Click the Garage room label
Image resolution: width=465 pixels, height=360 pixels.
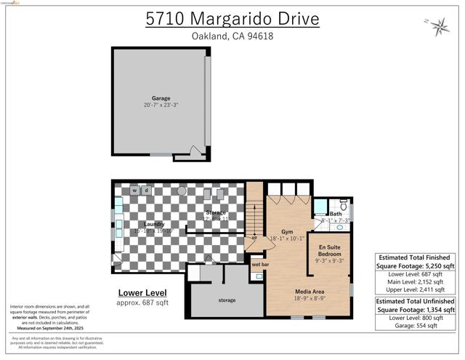pos(161,97)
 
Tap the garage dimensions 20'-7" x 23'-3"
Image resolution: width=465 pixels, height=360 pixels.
pos(161,105)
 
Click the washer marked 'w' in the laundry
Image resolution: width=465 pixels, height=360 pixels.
pos(135,191)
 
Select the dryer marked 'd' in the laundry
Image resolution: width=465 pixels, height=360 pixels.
pos(146,191)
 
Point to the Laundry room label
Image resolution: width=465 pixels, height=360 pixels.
pos(153,224)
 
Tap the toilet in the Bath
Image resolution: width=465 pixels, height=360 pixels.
pos(343,206)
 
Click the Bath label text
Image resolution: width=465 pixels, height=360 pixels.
pos(336,214)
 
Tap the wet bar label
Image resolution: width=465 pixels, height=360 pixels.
pos(260,264)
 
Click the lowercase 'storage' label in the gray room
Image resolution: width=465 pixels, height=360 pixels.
pos(227,300)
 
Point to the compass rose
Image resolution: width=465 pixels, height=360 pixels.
pos(440,28)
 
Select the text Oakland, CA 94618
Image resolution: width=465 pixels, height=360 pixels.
pos(232,36)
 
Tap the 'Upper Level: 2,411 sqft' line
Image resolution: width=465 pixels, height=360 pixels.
pos(416,289)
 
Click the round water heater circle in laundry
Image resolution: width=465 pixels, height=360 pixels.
pos(182,191)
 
